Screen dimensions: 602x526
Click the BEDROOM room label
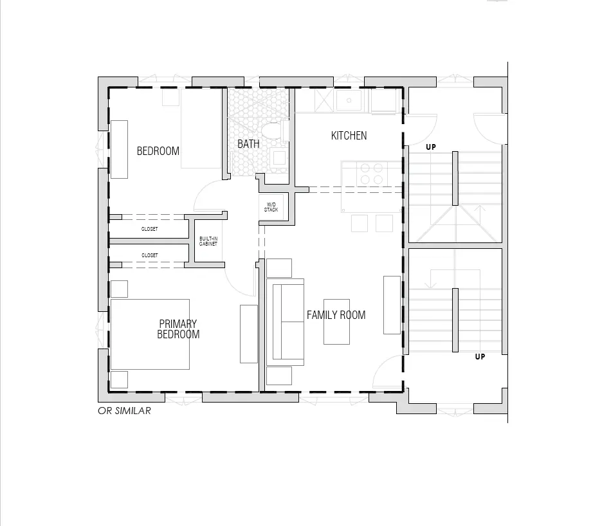pos(158,151)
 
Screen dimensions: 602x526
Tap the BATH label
pos(248,144)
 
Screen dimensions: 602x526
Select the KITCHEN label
pos(349,136)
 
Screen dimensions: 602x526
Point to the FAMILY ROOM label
pos(336,315)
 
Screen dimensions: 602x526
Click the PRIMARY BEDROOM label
pos(178,329)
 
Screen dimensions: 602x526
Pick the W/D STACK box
pos(271,207)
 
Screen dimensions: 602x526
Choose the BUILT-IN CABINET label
pos(208,241)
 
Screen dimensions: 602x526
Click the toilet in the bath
pos(275,131)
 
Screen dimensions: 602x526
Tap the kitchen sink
pos(349,100)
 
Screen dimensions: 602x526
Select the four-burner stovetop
pos(372,174)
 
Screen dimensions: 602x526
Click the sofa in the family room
pos(286,322)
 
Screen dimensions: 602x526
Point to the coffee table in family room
pos(337,322)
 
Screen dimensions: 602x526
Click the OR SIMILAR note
pos(124,411)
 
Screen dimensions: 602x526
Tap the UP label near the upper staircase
pos(431,147)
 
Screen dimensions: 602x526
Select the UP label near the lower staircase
pos(480,357)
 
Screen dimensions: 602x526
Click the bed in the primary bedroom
pos(150,334)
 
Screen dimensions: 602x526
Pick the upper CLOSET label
pos(149,229)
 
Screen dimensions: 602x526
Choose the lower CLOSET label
pos(149,255)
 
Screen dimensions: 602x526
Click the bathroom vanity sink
pos(279,158)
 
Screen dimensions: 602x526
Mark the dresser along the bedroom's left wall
pos(119,149)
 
